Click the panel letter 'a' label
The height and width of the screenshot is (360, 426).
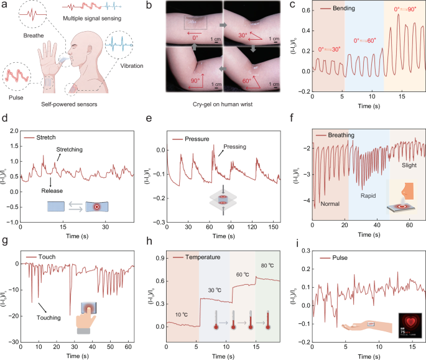4,6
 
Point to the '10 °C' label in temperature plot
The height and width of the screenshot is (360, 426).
182,315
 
